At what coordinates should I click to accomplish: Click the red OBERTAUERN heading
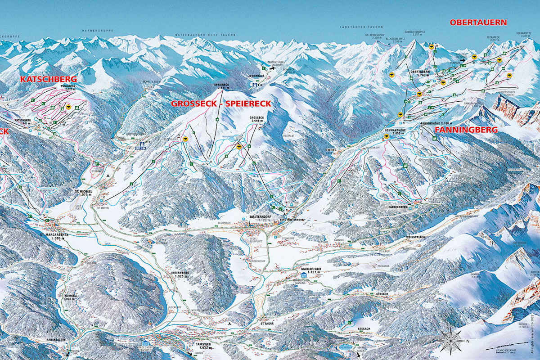pos(478,22)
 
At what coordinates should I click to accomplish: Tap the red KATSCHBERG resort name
pos(49,79)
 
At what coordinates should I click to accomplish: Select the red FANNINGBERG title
pos(466,130)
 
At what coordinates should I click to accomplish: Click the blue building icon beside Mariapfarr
pos(304,274)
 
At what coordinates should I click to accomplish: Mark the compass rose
pos(451,340)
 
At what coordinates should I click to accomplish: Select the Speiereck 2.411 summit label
pos(221,86)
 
